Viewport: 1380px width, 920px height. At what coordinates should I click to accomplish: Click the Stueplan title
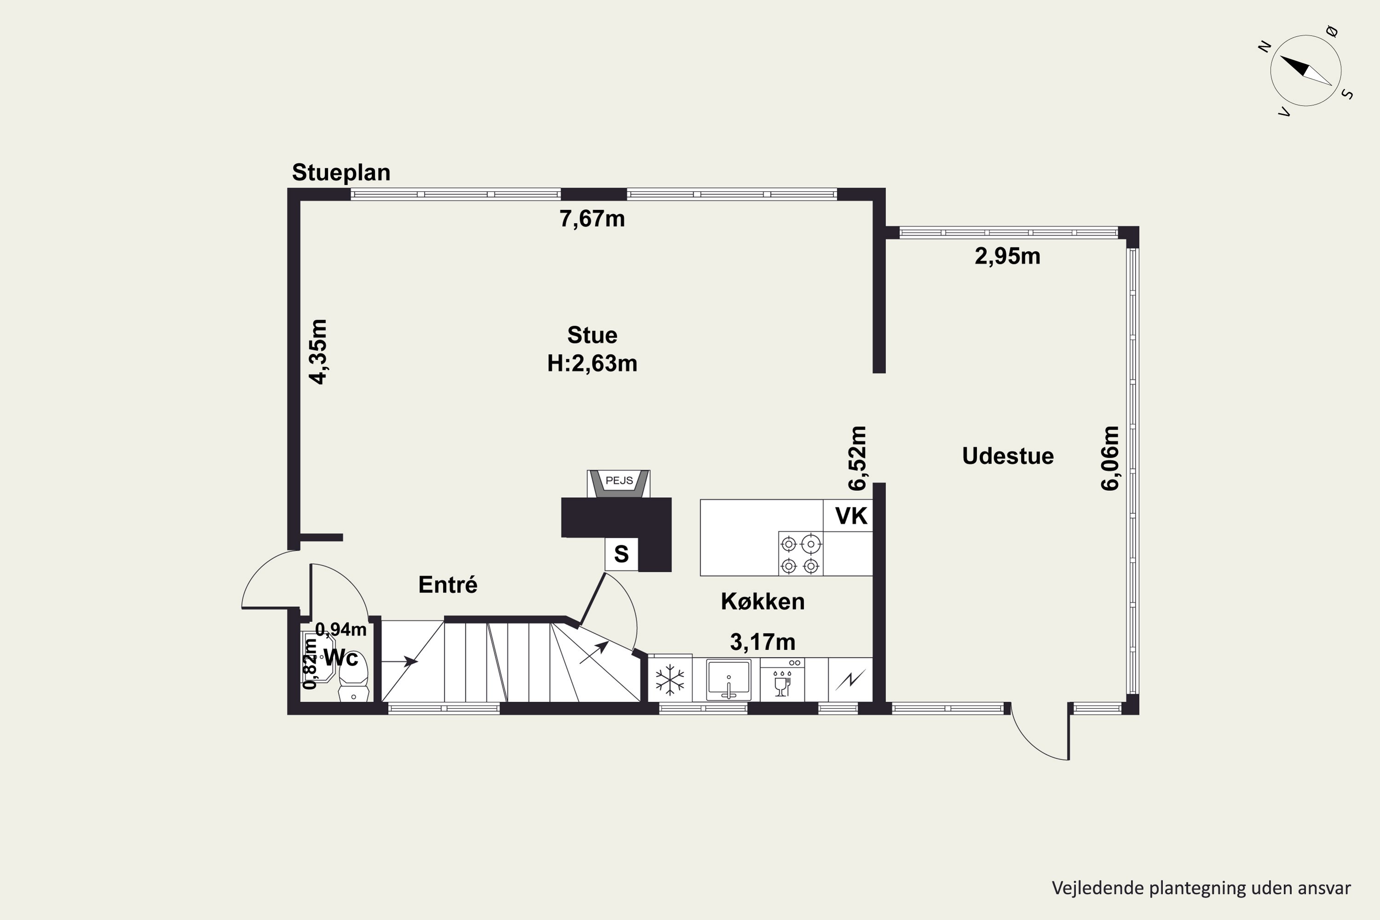pyautogui.click(x=341, y=173)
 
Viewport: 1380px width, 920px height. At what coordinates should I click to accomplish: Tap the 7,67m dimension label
pyautogui.click(x=592, y=219)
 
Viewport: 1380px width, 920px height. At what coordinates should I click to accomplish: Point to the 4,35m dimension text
pyautogui.click(x=319, y=351)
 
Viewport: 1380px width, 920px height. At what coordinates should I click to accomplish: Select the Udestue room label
pyautogui.click(x=1007, y=456)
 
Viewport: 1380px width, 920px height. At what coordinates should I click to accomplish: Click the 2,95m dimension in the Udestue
pyautogui.click(x=1007, y=256)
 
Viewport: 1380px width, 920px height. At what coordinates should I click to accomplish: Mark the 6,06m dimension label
pyautogui.click(x=1110, y=458)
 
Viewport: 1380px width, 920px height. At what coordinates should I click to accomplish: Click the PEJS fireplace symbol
pyautogui.click(x=618, y=483)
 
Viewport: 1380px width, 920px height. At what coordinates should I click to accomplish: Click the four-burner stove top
pyautogui.click(x=800, y=553)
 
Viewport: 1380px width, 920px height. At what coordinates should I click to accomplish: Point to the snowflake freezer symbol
pyautogui.click(x=669, y=680)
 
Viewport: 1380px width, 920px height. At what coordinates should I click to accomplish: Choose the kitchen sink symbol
pyautogui.click(x=728, y=679)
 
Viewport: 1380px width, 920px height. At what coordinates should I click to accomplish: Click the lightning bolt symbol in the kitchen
pyautogui.click(x=850, y=680)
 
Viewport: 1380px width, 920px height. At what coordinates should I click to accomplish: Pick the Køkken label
pyautogui.click(x=762, y=601)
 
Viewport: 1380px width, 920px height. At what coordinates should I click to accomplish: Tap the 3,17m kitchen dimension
pyautogui.click(x=762, y=643)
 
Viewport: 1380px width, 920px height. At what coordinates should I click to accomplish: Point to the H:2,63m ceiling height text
pyautogui.click(x=592, y=364)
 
